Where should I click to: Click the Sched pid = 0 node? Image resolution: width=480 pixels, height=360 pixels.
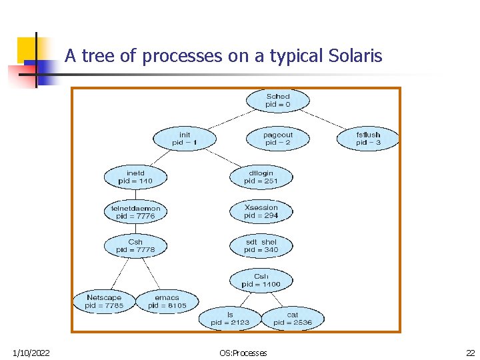[x=278, y=101]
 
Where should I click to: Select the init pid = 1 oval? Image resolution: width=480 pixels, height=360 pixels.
[x=185, y=139]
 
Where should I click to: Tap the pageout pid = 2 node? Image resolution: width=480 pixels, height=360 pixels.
[x=278, y=139]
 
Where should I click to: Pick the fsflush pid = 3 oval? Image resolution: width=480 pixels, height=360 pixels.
[x=368, y=139]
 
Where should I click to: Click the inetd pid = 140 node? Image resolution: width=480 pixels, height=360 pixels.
[x=135, y=177]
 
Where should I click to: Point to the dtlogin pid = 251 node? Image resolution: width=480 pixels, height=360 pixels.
[x=261, y=177]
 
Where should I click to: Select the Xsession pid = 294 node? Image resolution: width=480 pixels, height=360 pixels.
[x=261, y=211]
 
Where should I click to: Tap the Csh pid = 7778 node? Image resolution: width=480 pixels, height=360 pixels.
[x=135, y=245]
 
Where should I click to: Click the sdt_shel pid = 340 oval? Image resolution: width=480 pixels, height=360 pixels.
[x=261, y=245]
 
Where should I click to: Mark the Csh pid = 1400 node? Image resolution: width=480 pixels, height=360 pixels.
[x=261, y=280]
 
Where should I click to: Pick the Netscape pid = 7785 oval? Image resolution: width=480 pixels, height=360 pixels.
[x=104, y=301]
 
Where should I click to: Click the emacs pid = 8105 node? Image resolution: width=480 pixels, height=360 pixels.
[x=167, y=301]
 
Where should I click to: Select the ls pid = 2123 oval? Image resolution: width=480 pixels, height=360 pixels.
[x=230, y=318]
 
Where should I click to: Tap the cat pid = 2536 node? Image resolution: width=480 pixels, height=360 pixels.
[x=292, y=318]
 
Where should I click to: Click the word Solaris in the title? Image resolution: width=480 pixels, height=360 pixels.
[x=355, y=56]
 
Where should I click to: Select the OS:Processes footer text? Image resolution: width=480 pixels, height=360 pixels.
[x=243, y=353]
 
